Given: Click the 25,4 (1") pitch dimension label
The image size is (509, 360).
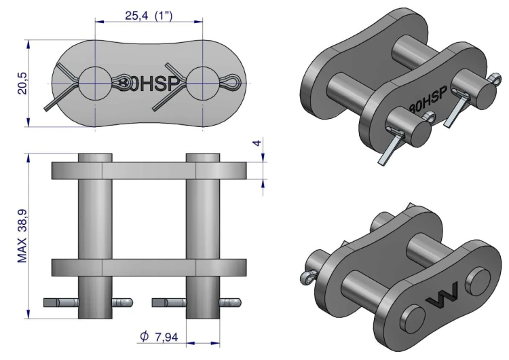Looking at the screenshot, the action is tap(149, 15).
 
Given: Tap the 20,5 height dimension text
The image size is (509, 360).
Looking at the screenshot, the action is tap(22, 83).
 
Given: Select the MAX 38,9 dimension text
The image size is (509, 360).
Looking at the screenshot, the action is tap(22, 236).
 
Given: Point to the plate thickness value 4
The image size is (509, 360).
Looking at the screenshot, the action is tap(257, 143).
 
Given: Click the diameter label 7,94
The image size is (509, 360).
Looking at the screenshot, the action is tap(166, 338).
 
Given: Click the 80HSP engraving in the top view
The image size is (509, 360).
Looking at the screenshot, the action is tap(149, 84).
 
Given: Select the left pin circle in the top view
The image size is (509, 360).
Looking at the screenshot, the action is tap(95, 84).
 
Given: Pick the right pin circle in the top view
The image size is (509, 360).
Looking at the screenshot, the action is tap(203, 84).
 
